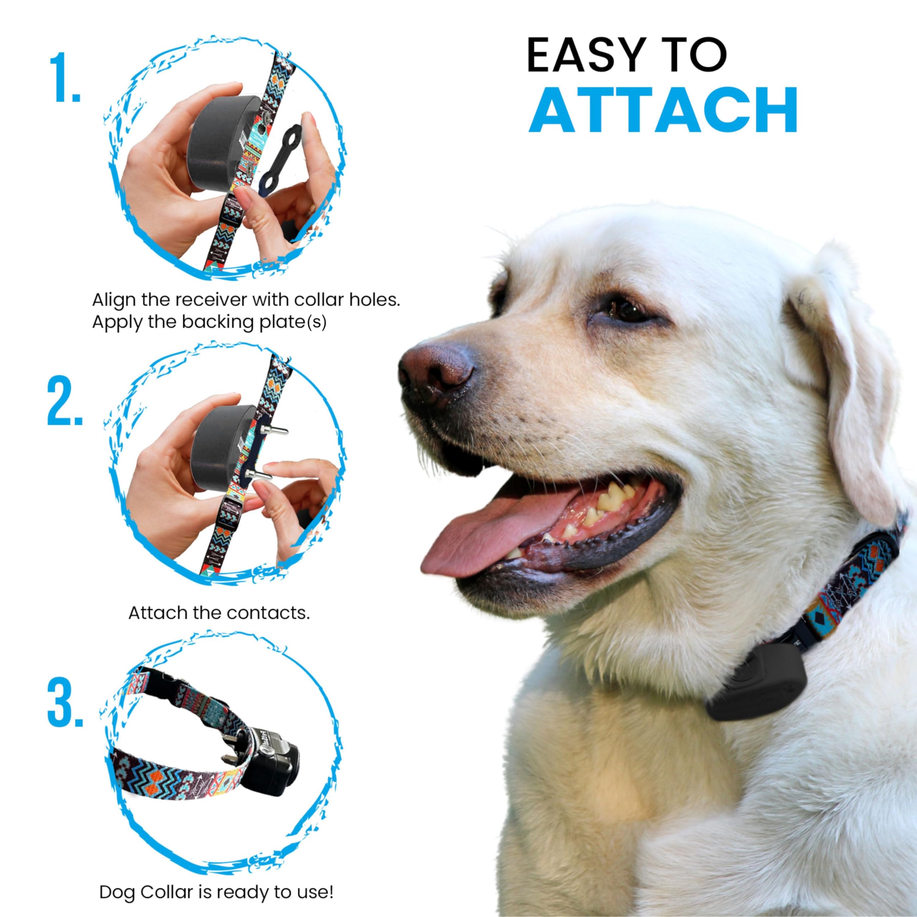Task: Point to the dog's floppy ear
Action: point(854,380)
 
